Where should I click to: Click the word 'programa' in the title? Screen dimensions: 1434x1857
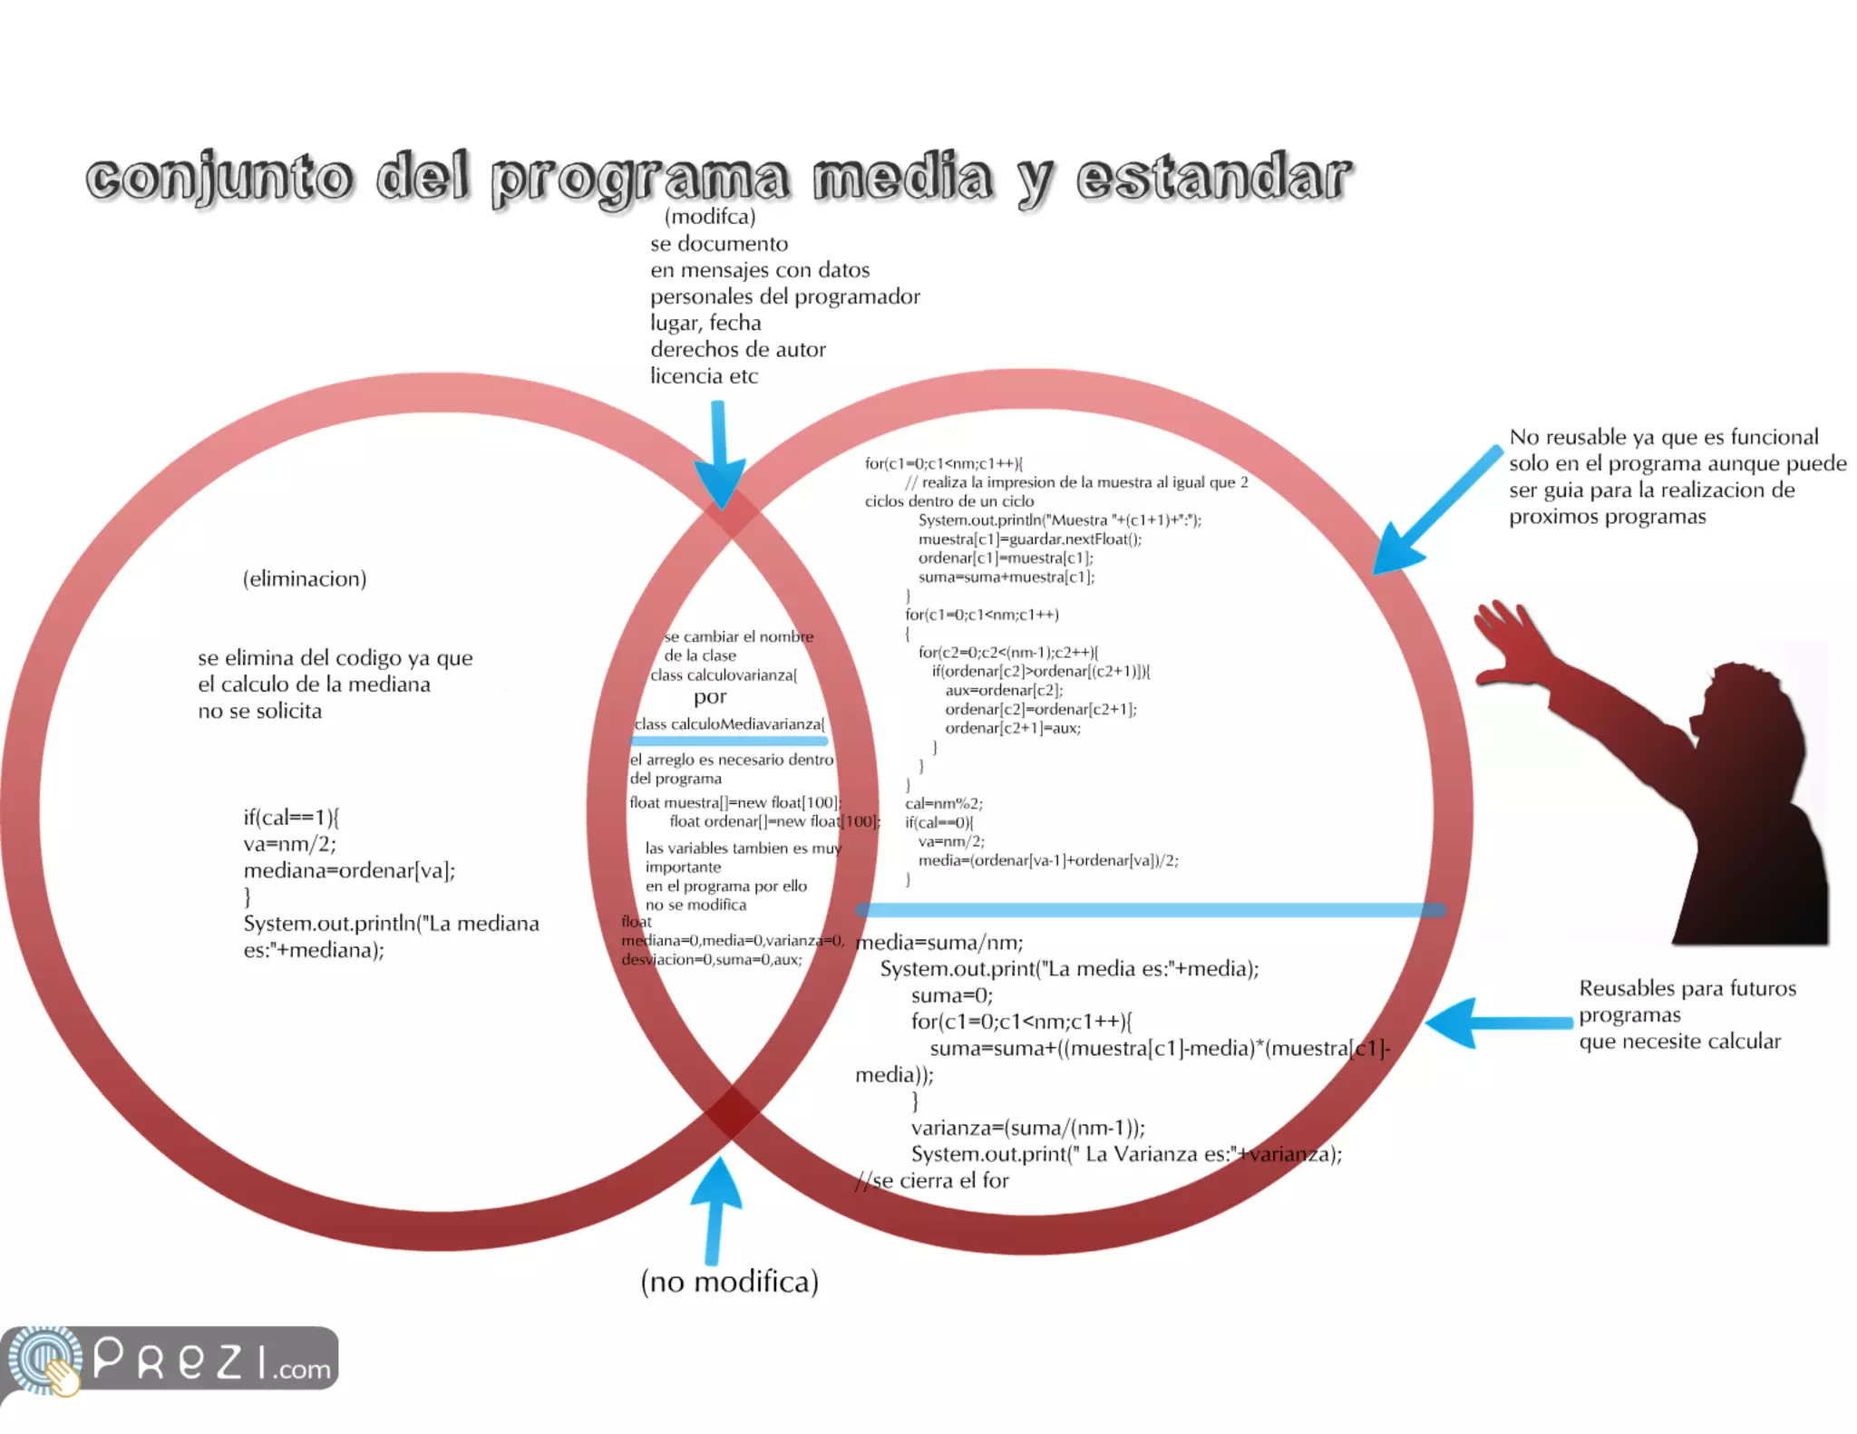tap(639, 179)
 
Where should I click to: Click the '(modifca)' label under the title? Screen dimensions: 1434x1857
tap(710, 217)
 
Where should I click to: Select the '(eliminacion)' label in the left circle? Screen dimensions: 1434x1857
tap(305, 579)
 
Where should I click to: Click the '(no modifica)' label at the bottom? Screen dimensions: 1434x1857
tap(729, 1282)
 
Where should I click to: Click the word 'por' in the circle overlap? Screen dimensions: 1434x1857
tap(710, 697)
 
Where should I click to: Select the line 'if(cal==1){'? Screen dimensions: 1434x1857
tap(291, 818)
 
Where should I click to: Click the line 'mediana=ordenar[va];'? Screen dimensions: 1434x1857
tap(349, 871)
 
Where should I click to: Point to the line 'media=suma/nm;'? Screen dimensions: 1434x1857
tap(939, 943)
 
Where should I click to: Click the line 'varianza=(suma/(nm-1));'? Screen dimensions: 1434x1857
tap(1028, 1129)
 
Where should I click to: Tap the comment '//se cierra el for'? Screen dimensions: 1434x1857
tap(932, 1181)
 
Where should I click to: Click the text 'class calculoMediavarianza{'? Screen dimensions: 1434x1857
tap(730, 724)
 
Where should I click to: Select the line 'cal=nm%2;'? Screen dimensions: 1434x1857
tap(944, 804)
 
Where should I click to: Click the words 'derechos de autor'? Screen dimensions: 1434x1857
tap(738, 350)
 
